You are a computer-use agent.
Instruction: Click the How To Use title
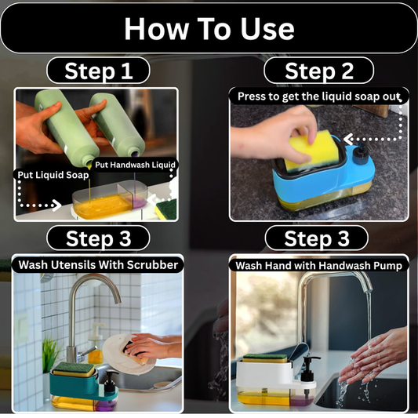coord(209,29)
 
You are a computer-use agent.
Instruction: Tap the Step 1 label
coord(98,71)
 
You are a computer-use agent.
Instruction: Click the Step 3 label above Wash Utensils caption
coord(98,238)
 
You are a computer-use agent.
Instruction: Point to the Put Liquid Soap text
coord(53,175)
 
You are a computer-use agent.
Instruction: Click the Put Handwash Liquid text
coord(136,165)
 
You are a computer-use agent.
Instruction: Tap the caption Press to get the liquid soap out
coord(318,96)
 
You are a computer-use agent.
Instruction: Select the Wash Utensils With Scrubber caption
coord(98,264)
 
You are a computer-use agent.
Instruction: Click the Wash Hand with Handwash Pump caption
coord(318,265)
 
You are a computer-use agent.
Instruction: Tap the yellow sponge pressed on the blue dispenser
coord(307,151)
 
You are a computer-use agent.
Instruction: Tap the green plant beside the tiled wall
coord(51,354)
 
